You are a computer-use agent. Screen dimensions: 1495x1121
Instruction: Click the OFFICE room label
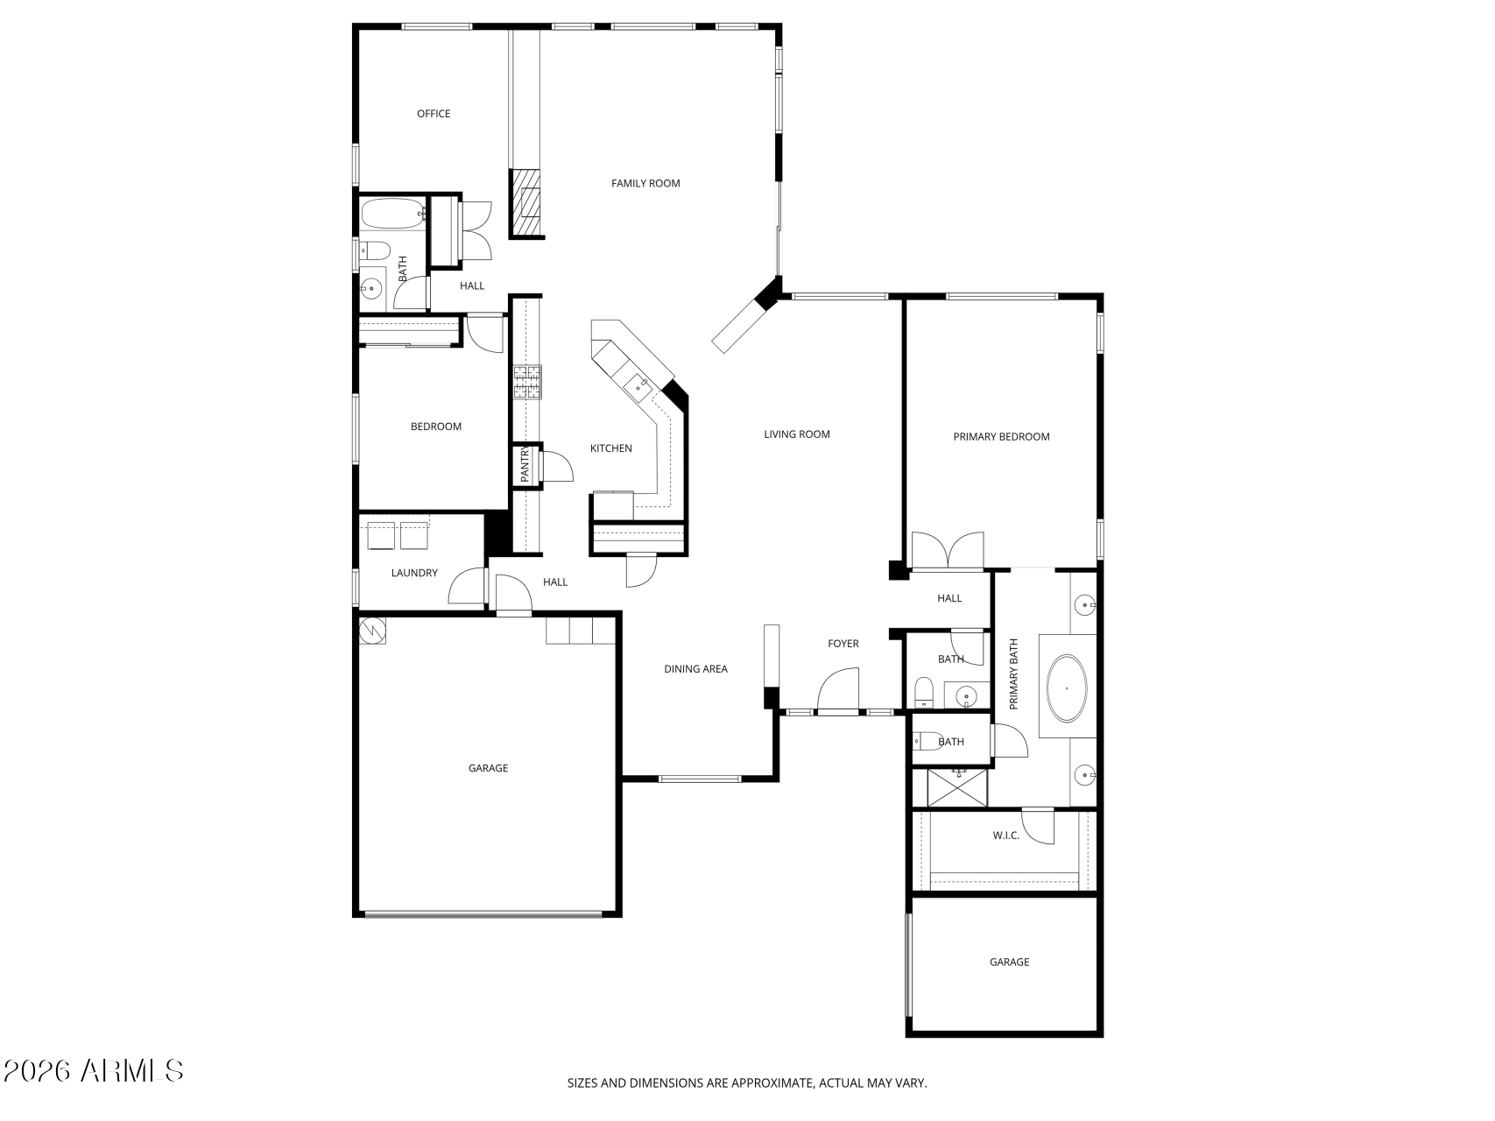click(x=434, y=114)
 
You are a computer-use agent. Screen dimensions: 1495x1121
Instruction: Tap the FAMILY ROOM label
click(x=645, y=183)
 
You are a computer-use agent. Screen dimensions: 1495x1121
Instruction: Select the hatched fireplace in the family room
click(x=527, y=203)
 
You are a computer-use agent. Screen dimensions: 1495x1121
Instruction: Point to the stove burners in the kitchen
click(x=527, y=382)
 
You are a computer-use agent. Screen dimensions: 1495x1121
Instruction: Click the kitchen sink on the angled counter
click(x=638, y=382)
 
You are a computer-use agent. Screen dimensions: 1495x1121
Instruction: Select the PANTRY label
click(x=525, y=465)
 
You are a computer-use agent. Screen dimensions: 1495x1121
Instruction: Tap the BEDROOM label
click(x=436, y=427)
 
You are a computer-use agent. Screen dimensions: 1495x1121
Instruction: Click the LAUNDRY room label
click(x=414, y=573)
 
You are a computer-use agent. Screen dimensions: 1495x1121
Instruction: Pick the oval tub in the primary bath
click(x=1067, y=687)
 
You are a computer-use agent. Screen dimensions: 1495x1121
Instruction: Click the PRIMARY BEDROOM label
click(x=1001, y=437)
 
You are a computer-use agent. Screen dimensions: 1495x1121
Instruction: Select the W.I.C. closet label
click(x=1006, y=835)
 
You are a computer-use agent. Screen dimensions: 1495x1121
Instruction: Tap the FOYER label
click(x=843, y=644)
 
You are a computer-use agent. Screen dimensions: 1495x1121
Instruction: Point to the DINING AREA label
click(x=695, y=669)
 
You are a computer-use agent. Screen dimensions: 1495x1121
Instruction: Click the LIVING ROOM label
click(x=797, y=434)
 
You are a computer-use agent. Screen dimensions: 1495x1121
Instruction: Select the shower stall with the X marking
click(x=956, y=787)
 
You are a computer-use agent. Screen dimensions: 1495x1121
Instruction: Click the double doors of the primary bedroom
click(x=948, y=551)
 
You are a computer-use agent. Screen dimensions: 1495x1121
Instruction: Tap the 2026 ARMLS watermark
click(x=93, y=1070)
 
